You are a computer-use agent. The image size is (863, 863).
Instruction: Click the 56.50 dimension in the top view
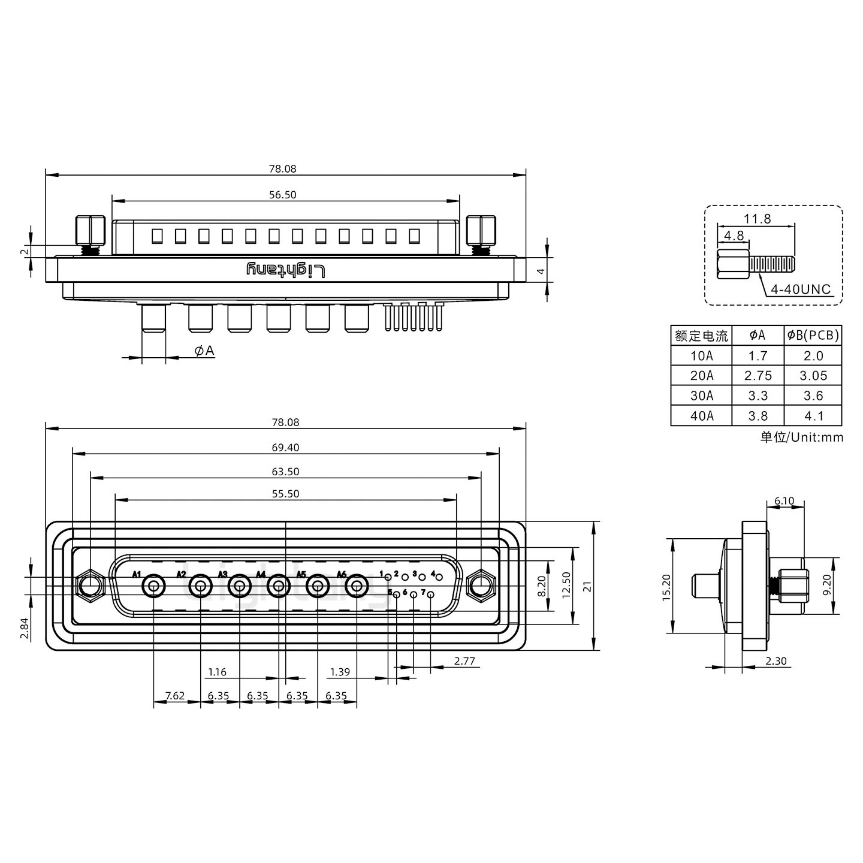click(282, 195)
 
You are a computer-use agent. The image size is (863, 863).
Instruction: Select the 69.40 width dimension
click(285, 447)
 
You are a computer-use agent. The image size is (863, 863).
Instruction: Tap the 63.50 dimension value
click(285, 472)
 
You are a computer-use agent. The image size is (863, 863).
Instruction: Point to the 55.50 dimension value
click(285, 494)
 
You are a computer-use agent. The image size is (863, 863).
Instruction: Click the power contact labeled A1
click(153, 586)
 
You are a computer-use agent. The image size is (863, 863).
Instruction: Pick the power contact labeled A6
click(357, 586)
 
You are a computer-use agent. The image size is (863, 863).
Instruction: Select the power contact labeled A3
click(240, 586)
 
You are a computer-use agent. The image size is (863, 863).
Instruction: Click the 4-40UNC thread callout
click(800, 289)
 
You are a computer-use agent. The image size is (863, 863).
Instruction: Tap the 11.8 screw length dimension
click(758, 219)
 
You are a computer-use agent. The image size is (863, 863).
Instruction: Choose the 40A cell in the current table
click(701, 415)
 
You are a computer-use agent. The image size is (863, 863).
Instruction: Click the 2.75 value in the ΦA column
click(758, 376)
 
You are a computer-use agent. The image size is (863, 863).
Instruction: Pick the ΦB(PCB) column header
click(813, 336)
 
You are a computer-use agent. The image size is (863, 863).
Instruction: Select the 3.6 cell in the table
click(813, 396)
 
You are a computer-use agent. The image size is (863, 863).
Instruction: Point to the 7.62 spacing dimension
click(174, 696)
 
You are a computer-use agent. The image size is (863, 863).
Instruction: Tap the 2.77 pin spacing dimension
click(464, 661)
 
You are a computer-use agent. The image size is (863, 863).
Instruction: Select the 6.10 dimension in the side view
click(784, 501)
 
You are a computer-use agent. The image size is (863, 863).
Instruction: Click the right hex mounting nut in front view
click(481, 586)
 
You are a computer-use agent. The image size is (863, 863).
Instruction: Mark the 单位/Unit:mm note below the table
click(801, 437)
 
